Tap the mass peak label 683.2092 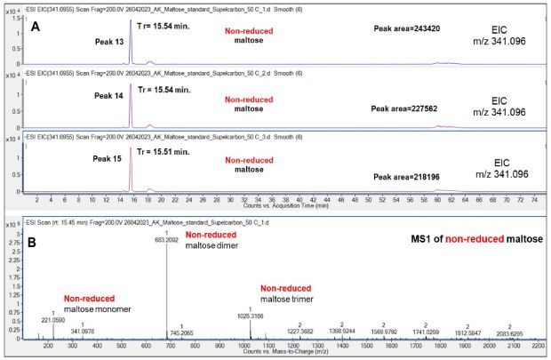click(x=167, y=241)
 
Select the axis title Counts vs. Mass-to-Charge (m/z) click(x=284, y=353)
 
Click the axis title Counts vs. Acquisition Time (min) click(x=284, y=204)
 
